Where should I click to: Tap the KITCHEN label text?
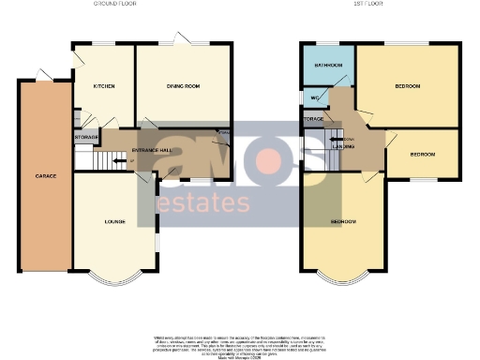tap(104, 86)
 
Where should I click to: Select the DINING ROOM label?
tap(184, 86)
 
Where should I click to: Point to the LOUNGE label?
tap(115, 221)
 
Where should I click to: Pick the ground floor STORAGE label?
tap(86, 138)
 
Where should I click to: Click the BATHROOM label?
tap(328, 65)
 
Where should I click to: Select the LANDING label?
tap(344, 146)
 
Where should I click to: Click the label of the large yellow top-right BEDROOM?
tap(407, 86)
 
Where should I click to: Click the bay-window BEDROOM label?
tap(343, 221)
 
